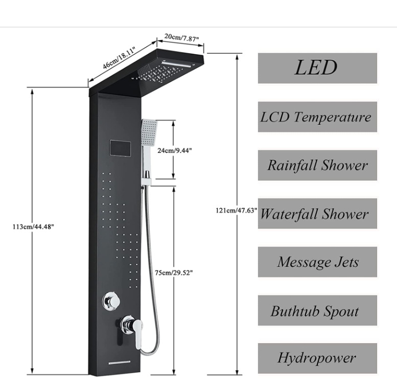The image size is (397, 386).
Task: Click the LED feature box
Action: [x=317, y=68]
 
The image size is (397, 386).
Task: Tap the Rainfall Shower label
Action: [x=317, y=165]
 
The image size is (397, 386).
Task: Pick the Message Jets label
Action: [x=317, y=262]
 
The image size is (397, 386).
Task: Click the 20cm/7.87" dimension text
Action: [x=181, y=37]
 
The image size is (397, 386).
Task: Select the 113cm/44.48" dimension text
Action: [x=33, y=226]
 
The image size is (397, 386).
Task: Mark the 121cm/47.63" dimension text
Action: [x=237, y=210]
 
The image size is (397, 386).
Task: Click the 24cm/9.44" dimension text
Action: [x=175, y=150]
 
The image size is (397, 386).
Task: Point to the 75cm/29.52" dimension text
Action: [x=174, y=273]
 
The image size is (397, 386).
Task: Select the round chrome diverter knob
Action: [x=111, y=302]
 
